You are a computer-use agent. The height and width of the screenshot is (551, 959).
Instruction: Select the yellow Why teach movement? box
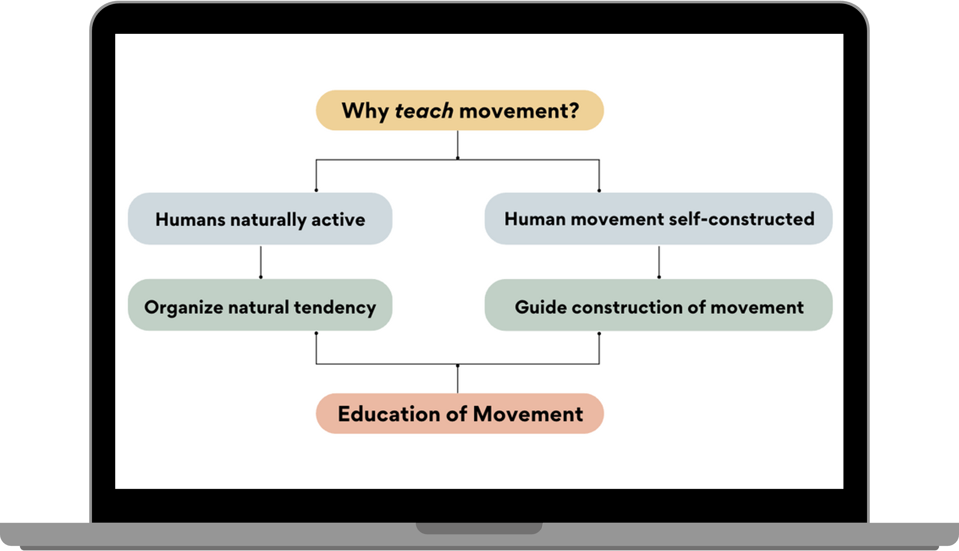(x=460, y=110)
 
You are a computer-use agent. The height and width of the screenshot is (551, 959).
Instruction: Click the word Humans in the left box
(x=190, y=220)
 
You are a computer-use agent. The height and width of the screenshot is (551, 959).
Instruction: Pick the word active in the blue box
(x=338, y=220)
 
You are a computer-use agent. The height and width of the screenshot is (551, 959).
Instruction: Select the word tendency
(x=335, y=307)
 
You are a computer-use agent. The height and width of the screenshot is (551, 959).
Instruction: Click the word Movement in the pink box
(x=528, y=414)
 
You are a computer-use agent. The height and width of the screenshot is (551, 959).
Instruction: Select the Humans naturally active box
(x=260, y=219)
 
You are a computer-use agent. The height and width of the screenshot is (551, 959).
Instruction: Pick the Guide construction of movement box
(x=658, y=305)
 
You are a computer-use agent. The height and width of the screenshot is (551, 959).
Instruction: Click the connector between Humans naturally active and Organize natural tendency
(x=261, y=262)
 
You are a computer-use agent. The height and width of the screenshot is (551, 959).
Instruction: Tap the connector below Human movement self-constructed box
(x=659, y=262)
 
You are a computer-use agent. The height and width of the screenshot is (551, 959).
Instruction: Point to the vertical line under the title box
(x=457, y=145)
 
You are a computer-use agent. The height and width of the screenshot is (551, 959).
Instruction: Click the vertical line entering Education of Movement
(x=457, y=379)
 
